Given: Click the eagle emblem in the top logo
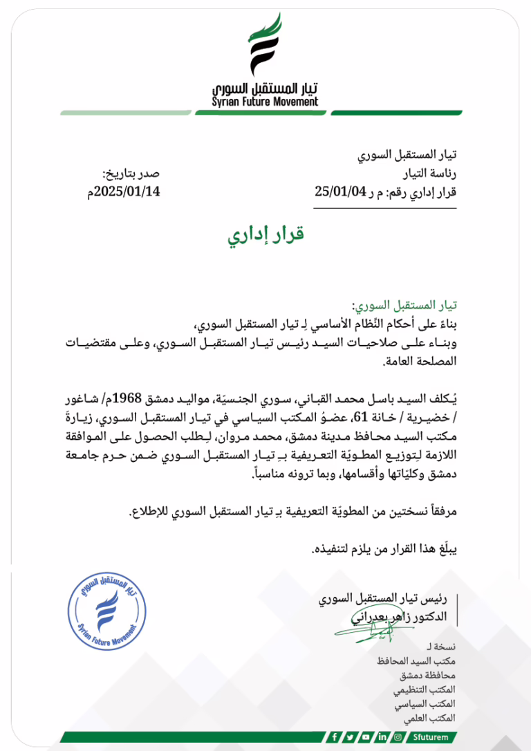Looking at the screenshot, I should (265, 46).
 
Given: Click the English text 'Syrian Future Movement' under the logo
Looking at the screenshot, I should (265, 102).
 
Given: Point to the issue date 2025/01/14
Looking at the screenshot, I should (127, 191).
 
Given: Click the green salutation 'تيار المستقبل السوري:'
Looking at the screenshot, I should (406, 305).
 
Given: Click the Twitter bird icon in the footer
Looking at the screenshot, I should (351, 737).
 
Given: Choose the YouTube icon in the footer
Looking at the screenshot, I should (366, 737).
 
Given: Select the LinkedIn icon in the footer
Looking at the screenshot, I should (382, 737).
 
